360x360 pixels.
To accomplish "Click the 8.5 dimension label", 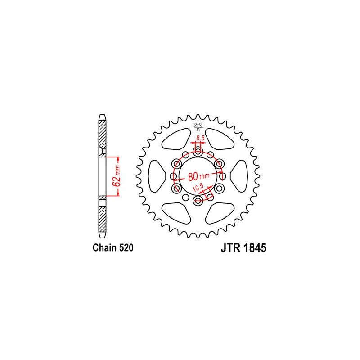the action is click(x=200, y=138).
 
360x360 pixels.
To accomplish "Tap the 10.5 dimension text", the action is click(x=198, y=188).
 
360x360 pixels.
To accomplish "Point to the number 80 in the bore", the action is click(x=193, y=176).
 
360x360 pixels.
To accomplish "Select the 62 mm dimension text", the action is click(x=117, y=176).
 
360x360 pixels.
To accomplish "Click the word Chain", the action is click(x=104, y=248).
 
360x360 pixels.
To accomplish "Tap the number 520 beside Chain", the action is click(x=126, y=248).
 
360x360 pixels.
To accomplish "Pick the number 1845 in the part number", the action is click(x=255, y=248).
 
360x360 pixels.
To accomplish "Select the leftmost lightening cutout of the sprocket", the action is click(x=156, y=176).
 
